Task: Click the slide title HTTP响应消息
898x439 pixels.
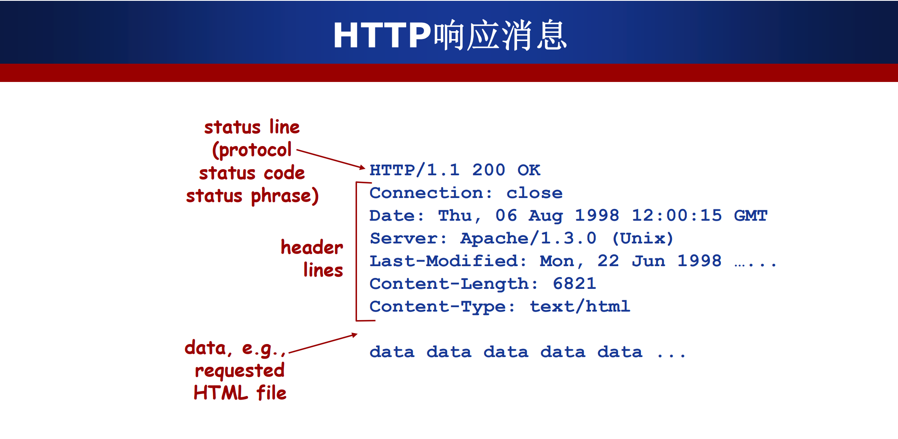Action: click(450, 35)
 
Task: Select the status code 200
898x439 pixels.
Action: click(489, 170)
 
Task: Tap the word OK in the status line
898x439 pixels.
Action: click(529, 170)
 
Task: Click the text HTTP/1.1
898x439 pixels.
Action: click(415, 170)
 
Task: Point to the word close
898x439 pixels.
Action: click(534, 193)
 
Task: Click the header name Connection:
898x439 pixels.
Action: click(431, 193)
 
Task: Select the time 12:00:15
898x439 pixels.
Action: click(677, 215)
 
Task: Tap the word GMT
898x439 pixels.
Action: click(751, 215)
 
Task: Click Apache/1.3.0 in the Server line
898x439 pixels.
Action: click(528, 239)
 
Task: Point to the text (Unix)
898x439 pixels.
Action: click(643, 239)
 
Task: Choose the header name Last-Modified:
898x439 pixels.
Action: click(448, 261)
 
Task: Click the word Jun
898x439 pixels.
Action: click(648, 261)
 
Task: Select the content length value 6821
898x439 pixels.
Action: click(574, 284)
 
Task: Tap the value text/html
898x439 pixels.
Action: click(580, 306)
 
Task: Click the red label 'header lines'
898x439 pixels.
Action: click(312, 258)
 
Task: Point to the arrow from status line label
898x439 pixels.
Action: click(331, 159)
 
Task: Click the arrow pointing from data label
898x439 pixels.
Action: click(323, 343)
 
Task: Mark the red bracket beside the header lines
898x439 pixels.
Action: click(356, 252)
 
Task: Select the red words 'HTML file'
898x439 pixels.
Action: click(240, 393)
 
